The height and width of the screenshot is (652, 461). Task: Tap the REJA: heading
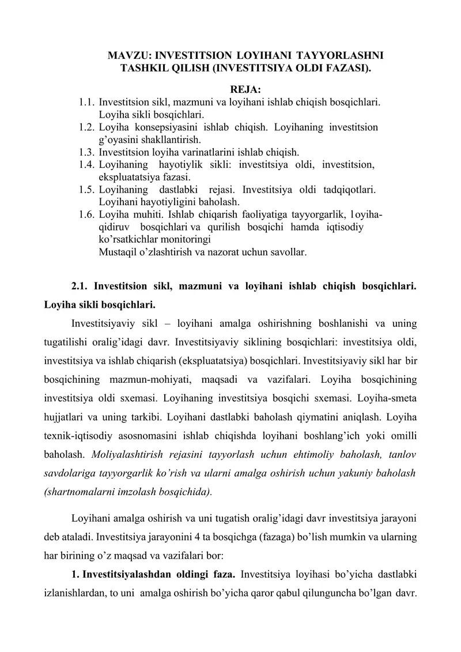245,90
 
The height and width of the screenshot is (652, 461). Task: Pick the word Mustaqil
117,252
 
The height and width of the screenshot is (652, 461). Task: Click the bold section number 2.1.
81,286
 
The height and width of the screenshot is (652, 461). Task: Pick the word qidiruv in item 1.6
114,227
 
